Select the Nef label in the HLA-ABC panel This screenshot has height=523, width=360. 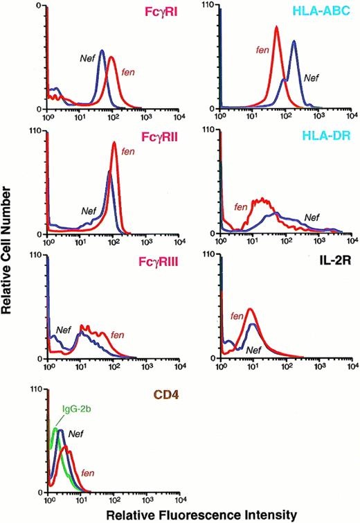pos(312,78)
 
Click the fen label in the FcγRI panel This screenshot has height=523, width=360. pos(127,71)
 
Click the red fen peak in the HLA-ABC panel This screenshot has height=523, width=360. pos(276,28)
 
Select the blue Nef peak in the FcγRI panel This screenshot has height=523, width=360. pos(102,51)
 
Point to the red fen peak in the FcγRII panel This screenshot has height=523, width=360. pos(114,144)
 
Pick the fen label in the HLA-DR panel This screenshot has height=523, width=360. pos(241,206)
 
